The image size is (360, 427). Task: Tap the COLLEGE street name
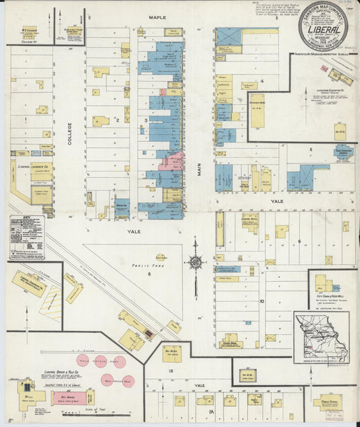[x=69, y=138]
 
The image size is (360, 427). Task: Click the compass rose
[x=195, y=261]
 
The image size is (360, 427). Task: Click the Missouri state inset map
[x=322, y=338]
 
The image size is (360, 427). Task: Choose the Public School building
[x=328, y=403]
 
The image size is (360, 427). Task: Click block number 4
[x=261, y=80]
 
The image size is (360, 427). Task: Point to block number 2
[x=117, y=120]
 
